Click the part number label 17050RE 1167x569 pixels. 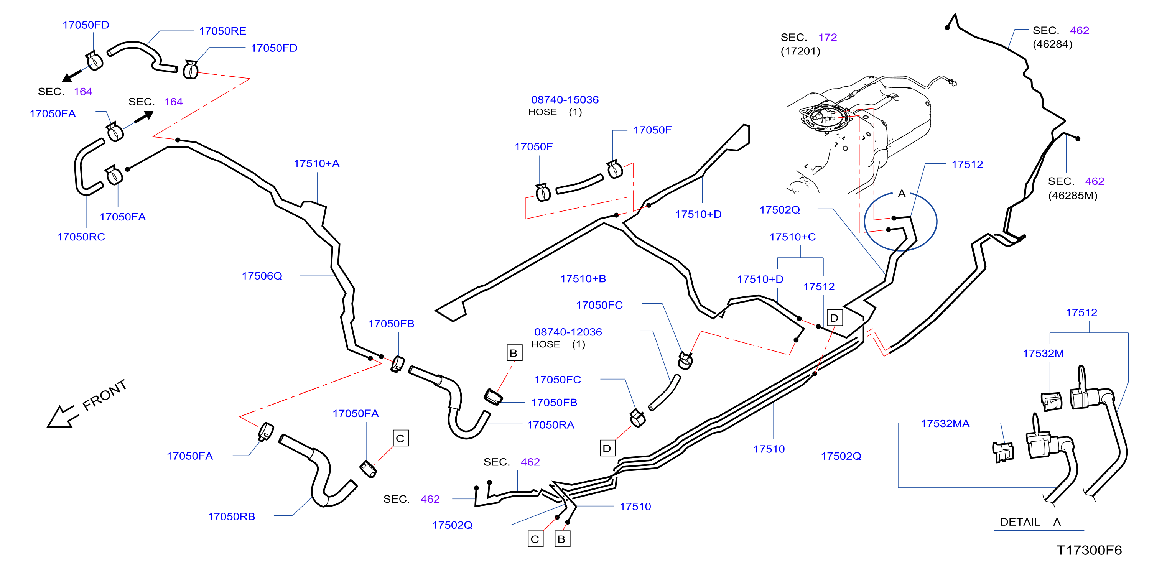pyautogui.click(x=222, y=31)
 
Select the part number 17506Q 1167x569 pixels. pyautogui.click(x=262, y=276)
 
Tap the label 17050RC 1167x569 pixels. pyautogui.click(x=81, y=237)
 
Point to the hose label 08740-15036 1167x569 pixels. pyautogui.click(x=565, y=100)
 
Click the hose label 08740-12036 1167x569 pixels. pyautogui.click(x=568, y=332)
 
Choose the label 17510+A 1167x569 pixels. pyautogui.click(x=316, y=164)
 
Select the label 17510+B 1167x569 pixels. pyautogui.click(x=583, y=279)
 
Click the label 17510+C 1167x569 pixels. pyautogui.click(x=792, y=237)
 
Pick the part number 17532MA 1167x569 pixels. pyautogui.click(x=945, y=424)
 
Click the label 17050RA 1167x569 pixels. pyautogui.click(x=550, y=425)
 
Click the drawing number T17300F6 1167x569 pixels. pyautogui.click(x=1089, y=550)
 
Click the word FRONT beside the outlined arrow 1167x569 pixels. pyautogui.click(x=104, y=395)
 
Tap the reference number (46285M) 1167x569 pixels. pyautogui.click(x=1072, y=196)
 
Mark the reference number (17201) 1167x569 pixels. pyautogui.click(x=800, y=51)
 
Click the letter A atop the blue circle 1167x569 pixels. pyautogui.click(x=902, y=194)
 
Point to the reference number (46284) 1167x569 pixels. pyautogui.click(x=1052, y=44)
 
